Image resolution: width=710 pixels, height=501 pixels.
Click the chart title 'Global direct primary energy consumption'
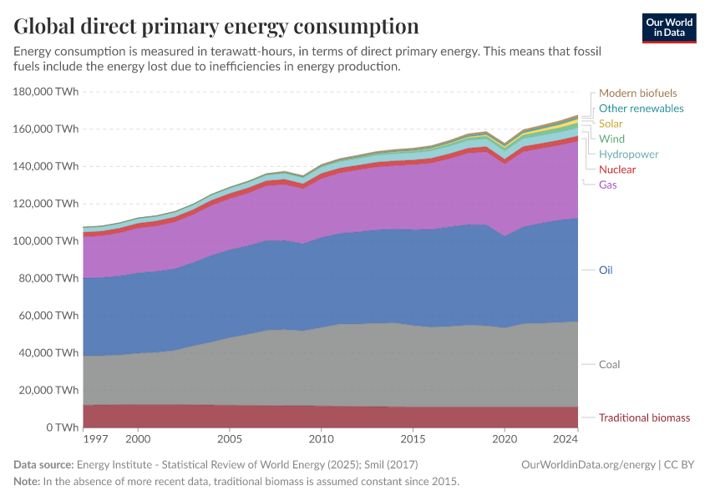click(216, 25)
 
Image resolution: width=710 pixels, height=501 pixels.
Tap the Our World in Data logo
click(668, 28)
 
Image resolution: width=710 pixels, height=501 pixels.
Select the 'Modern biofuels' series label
click(637, 94)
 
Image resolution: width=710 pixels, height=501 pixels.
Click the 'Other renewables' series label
click(641, 109)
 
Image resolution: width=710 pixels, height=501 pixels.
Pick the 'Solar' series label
click(611, 124)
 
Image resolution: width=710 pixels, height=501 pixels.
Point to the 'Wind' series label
click(611, 139)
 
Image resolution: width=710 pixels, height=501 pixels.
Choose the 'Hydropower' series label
click(628, 154)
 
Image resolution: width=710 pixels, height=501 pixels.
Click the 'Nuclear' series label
click(616, 170)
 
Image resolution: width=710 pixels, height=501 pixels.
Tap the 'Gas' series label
click(607, 185)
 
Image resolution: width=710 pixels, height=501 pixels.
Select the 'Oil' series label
click(606, 271)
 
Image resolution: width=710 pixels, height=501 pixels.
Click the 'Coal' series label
click(609, 365)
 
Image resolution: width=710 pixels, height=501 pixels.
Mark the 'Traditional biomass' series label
click(644, 417)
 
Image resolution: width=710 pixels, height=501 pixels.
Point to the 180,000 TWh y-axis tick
click(47, 92)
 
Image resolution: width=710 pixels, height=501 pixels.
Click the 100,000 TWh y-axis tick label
click(47, 241)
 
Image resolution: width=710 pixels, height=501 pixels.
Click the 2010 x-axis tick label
click(321, 438)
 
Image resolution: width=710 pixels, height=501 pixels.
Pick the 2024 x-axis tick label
click(565, 438)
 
